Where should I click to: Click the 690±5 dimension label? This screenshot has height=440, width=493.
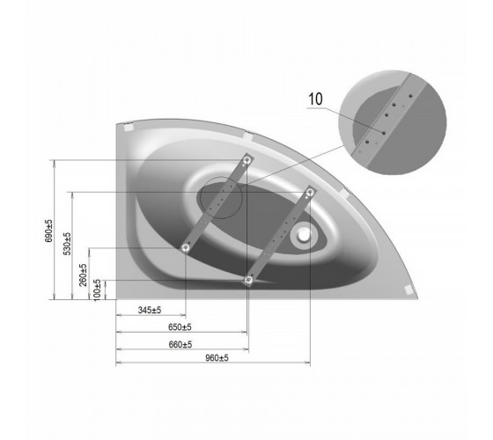pos(48,231)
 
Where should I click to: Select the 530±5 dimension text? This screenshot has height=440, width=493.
pos(67,244)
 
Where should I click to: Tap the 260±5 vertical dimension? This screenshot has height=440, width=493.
pos(83,275)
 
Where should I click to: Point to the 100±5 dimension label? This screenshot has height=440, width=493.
pos(98,290)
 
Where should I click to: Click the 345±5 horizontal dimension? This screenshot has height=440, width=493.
pos(150,310)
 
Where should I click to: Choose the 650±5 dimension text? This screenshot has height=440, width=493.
pos(180,327)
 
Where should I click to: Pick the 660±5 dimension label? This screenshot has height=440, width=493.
pos(180,344)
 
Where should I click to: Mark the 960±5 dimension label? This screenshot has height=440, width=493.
pos(217,357)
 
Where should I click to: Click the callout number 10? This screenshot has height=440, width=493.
pos(315,99)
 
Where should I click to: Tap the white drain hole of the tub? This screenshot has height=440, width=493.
pos(304,235)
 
